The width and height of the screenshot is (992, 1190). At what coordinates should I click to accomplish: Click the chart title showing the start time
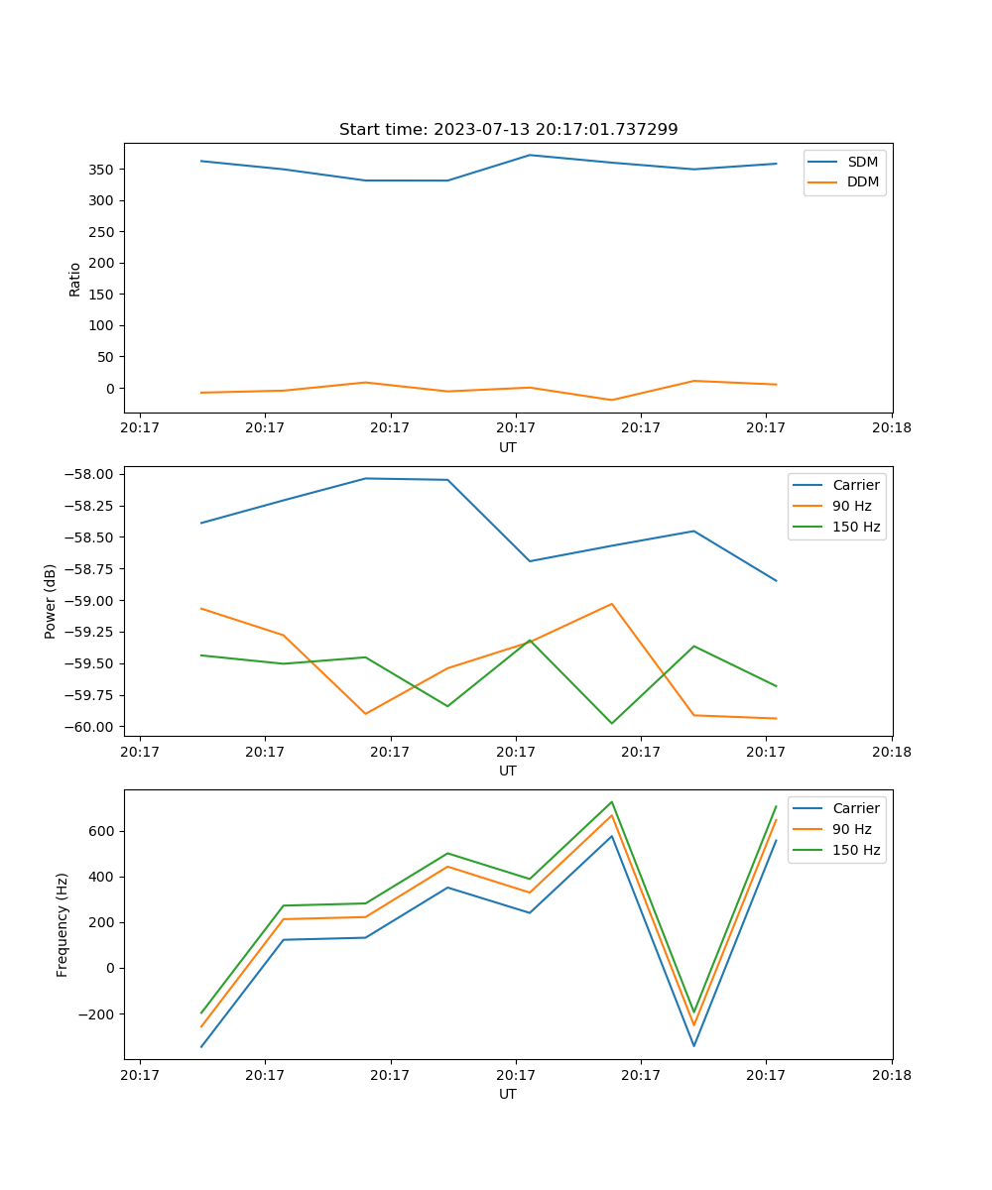[508, 130]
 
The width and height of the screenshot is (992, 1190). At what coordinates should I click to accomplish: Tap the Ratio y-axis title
[75, 280]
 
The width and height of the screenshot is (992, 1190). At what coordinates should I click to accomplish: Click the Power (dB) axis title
[51, 601]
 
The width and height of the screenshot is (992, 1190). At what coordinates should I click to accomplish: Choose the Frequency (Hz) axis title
[62, 924]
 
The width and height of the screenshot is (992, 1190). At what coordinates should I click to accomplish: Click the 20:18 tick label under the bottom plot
[891, 1075]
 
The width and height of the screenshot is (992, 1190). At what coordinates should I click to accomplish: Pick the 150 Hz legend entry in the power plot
[856, 527]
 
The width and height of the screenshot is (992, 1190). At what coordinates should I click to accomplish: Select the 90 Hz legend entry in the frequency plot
[851, 829]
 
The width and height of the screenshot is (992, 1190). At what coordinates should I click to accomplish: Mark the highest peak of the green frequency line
[612, 801]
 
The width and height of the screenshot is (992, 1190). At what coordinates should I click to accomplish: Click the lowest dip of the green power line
[611, 723]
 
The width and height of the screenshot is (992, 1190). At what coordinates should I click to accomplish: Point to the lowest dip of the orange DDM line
[611, 400]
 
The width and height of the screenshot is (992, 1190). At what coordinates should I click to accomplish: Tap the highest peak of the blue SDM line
[530, 155]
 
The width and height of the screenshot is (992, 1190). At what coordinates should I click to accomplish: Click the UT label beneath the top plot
[508, 447]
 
